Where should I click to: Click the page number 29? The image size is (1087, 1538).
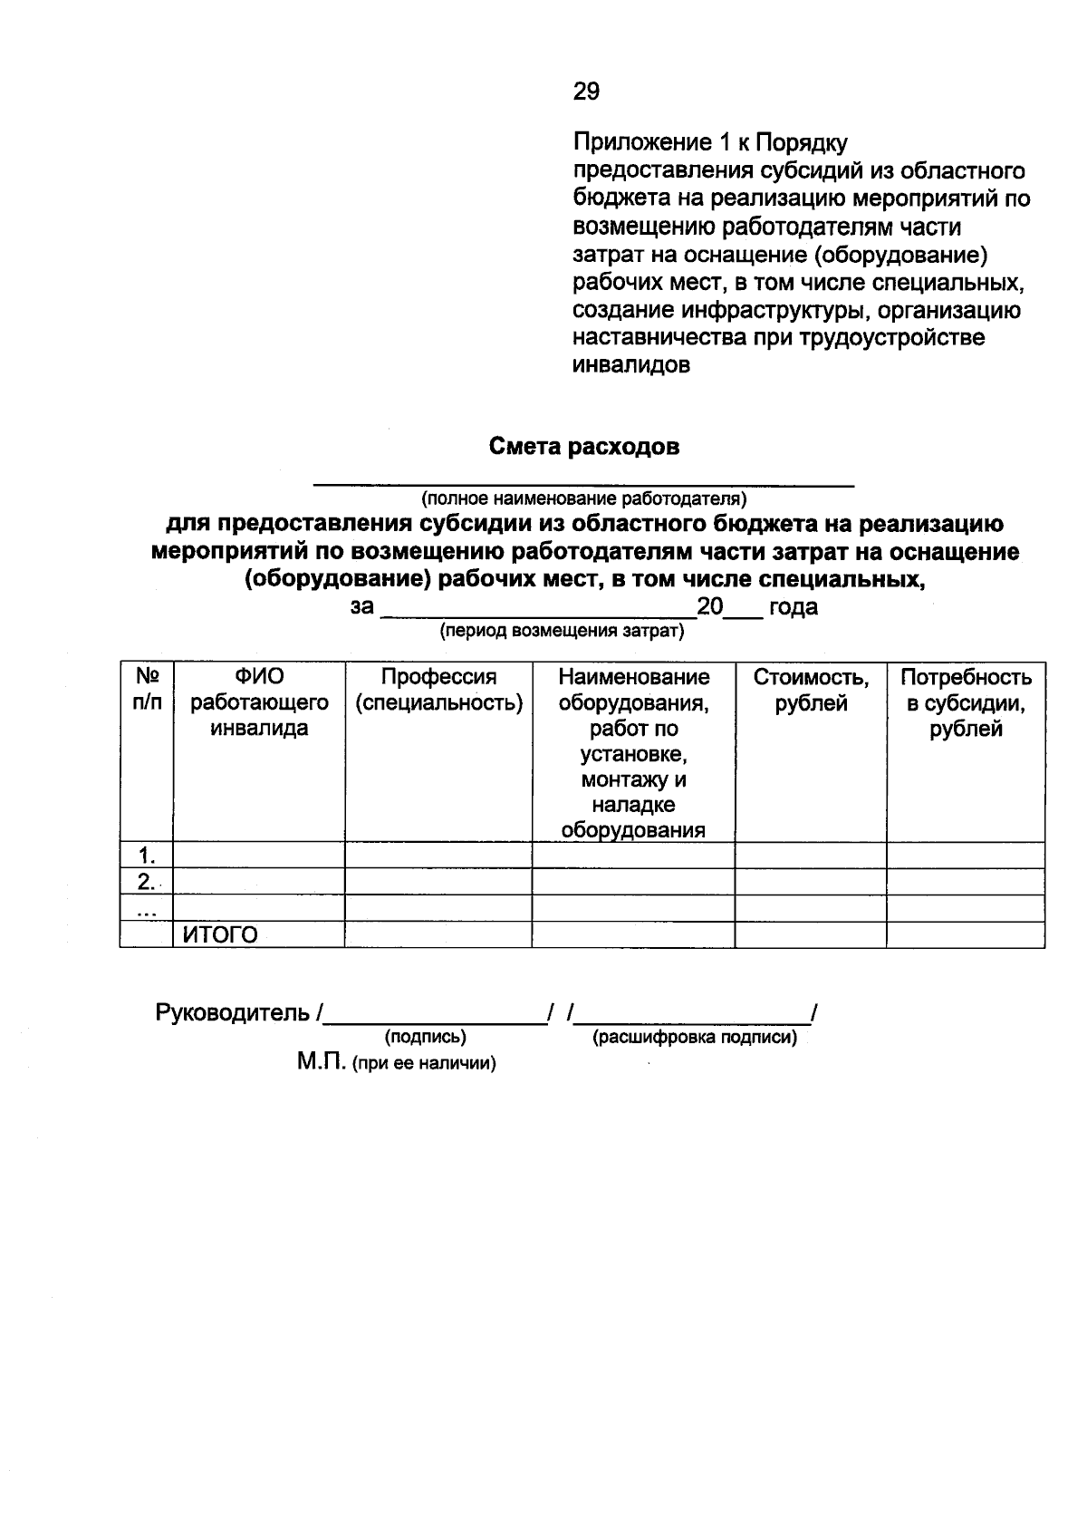point(586,91)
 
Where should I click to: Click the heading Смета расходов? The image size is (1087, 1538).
point(584,447)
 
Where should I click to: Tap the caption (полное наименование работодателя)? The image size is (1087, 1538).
point(583,498)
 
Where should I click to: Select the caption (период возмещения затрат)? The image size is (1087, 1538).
point(562,631)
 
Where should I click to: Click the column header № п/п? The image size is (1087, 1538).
point(146,690)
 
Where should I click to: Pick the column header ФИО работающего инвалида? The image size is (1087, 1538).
point(259,702)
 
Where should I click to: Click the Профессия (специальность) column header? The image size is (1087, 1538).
point(438,690)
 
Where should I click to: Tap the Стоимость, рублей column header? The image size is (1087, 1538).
point(811,690)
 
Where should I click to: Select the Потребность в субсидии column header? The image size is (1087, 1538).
point(966,702)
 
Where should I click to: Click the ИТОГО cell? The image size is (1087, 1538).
point(220,935)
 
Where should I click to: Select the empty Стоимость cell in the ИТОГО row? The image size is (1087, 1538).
point(811,935)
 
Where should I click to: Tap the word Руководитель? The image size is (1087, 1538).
point(233,1012)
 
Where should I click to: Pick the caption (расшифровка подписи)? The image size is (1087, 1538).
point(695,1037)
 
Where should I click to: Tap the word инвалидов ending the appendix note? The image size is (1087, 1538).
point(631,365)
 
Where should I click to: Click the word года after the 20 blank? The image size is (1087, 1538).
point(793,607)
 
